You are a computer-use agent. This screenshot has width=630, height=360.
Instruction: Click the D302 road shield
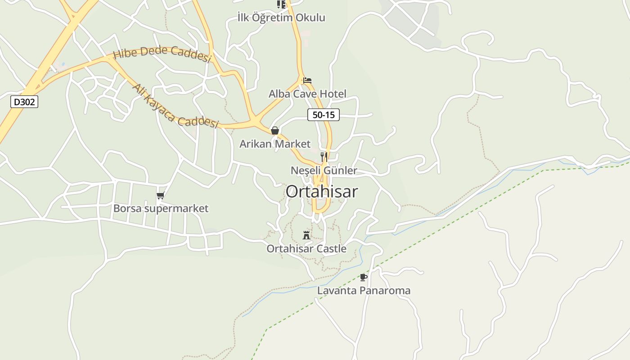click(x=24, y=102)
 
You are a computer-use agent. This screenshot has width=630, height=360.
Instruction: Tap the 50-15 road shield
click(x=324, y=115)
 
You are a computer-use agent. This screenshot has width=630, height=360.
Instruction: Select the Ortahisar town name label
click(x=322, y=192)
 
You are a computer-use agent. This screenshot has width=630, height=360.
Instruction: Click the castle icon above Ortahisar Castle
click(x=306, y=235)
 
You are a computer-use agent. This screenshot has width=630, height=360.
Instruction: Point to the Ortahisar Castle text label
click(x=306, y=249)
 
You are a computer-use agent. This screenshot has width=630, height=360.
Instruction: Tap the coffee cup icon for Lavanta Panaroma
click(x=363, y=277)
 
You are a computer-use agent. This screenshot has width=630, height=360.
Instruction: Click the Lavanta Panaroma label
click(x=364, y=291)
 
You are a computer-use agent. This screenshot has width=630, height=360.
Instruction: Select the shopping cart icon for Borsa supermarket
click(x=161, y=195)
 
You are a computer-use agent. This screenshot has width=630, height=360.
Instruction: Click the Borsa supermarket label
click(x=161, y=209)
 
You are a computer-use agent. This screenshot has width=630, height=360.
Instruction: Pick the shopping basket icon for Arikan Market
click(x=275, y=130)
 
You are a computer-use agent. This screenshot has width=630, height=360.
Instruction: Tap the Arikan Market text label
click(x=274, y=144)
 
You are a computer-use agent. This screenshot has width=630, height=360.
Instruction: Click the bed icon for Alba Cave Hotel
click(x=307, y=81)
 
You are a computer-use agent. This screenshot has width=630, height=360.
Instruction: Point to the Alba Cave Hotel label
click(x=307, y=94)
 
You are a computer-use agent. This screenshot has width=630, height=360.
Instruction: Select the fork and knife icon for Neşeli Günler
click(x=324, y=157)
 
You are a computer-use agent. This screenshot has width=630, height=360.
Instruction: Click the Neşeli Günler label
click(x=324, y=171)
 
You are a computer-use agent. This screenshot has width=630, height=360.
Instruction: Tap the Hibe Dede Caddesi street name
click(x=162, y=54)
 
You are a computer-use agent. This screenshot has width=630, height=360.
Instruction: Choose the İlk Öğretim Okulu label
click(x=281, y=18)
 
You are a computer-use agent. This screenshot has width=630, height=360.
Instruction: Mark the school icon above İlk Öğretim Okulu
click(x=281, y=4)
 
